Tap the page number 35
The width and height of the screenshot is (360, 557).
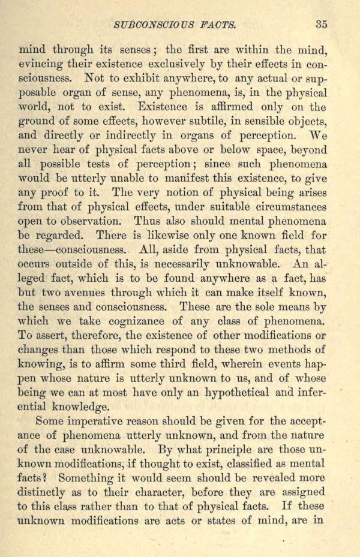click(321, 25)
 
